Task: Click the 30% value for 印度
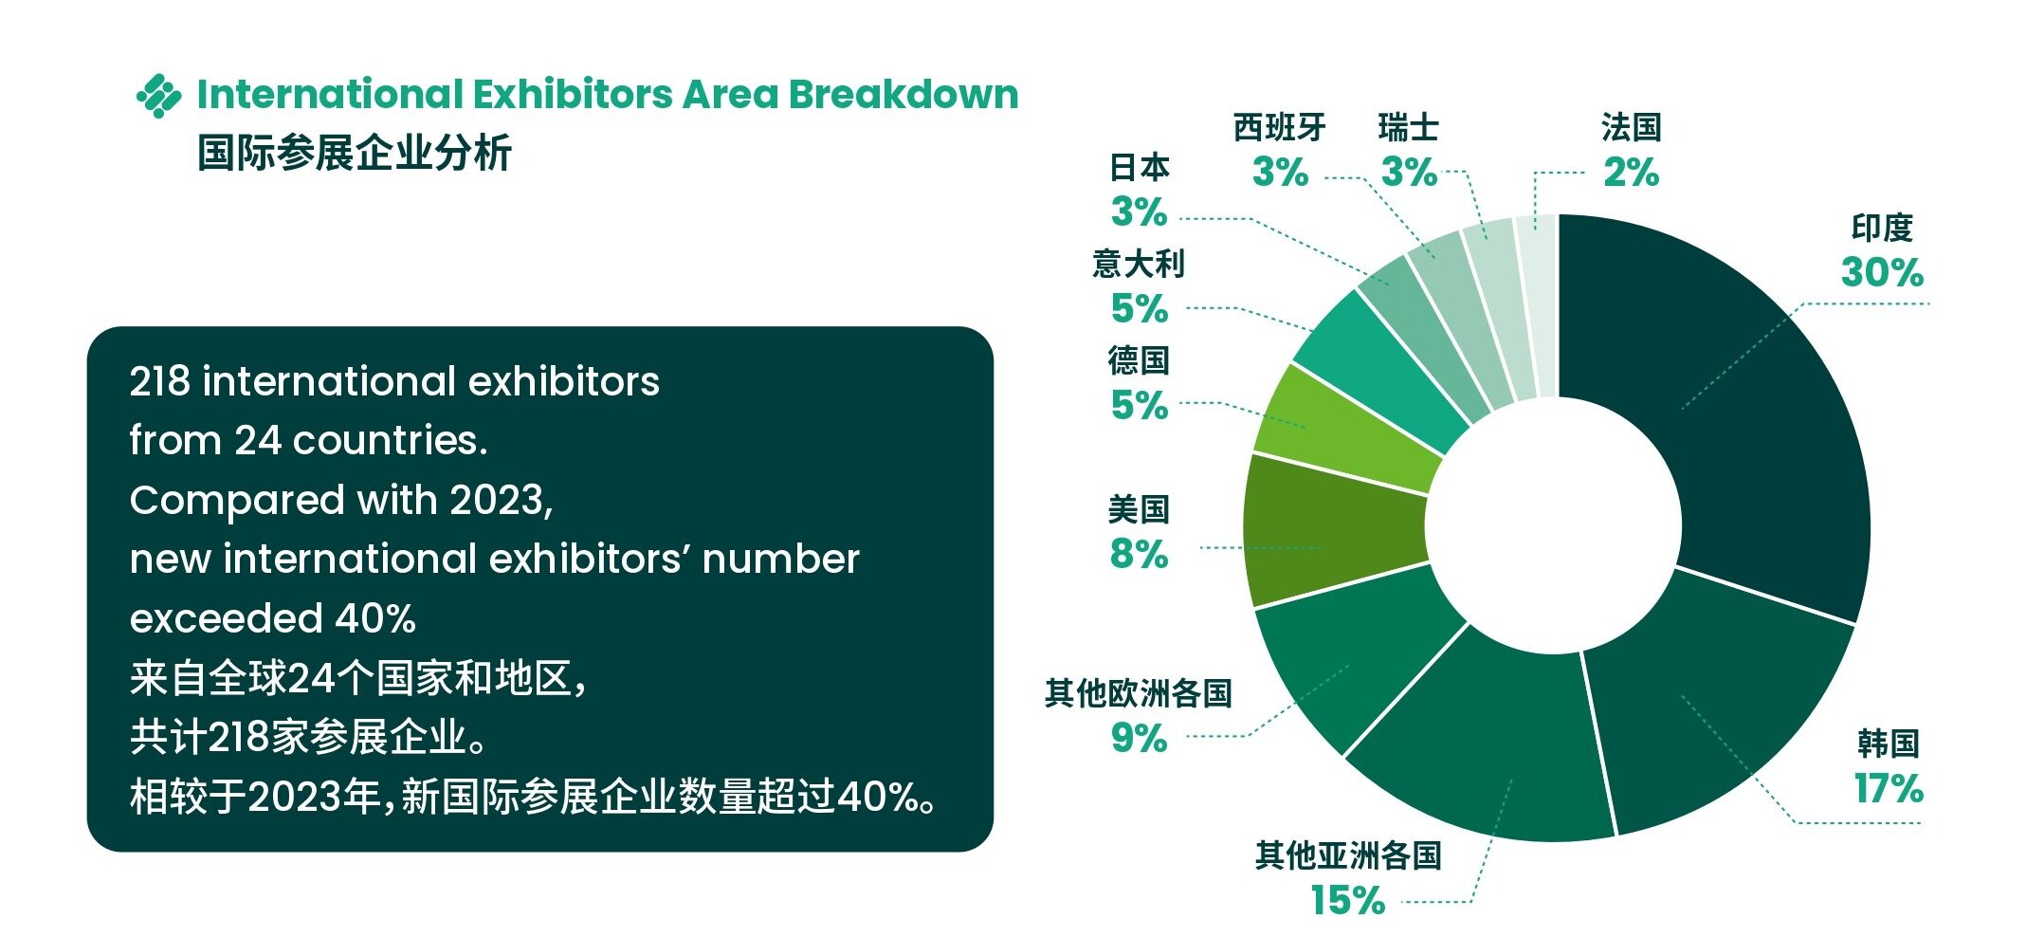pyautogui.click(x=1882, y=273)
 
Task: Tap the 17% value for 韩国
pyautogui.click(x=1889, y=789)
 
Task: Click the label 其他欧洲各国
pyautogui.click(x=1139, y=693)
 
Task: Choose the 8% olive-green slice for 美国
pyautogui.click(x=1327, y=531)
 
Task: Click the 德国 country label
pyautogui.click(x=1139, y=360)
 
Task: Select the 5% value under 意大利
pyautogui.click(x=1139, y=309)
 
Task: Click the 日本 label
pyautogui.click(x=1139, y=168)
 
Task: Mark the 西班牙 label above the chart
pyautogui.click(x=1279, y=127)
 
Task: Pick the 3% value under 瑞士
pyautogui.click(x=1409, y=173)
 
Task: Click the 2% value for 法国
pyautogui.click(x=1631, y=173)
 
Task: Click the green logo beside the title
pyautogui.click(x=158, y=96)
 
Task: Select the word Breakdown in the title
pyautogui.click(x=903, y=95)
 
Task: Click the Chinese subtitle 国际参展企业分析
pyautogui.click(x=355, y=153)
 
